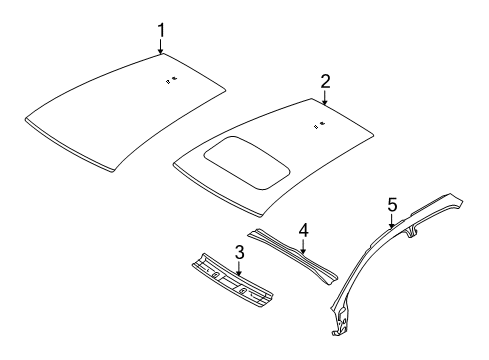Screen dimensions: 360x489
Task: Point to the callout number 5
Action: pos(392,205)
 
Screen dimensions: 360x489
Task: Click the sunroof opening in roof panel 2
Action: pos(240,161)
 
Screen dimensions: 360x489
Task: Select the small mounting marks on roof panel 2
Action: pos(319,125)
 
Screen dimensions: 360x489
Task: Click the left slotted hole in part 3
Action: pos(213,274)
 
